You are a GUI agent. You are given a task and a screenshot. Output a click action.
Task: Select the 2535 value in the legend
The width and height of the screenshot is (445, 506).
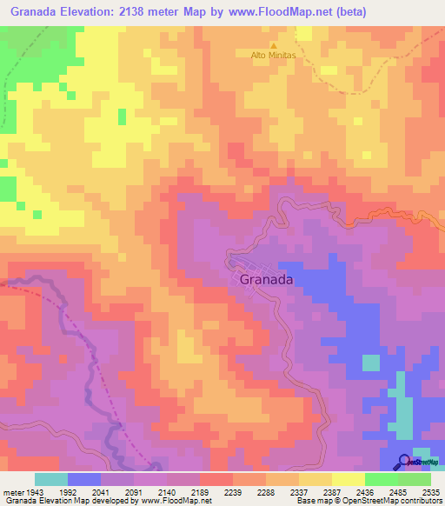point(431,491)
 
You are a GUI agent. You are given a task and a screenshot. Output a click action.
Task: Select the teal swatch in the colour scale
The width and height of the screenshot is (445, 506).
point(51,479)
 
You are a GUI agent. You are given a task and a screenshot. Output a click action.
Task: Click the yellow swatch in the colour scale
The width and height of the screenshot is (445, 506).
point(348,479)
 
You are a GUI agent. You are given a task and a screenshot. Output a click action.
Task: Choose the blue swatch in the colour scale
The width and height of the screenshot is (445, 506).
point(84,479)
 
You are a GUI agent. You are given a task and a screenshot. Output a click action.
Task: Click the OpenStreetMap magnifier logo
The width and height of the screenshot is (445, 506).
point(403,463)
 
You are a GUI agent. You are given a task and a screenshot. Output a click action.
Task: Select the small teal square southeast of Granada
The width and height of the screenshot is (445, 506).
point(371,363)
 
